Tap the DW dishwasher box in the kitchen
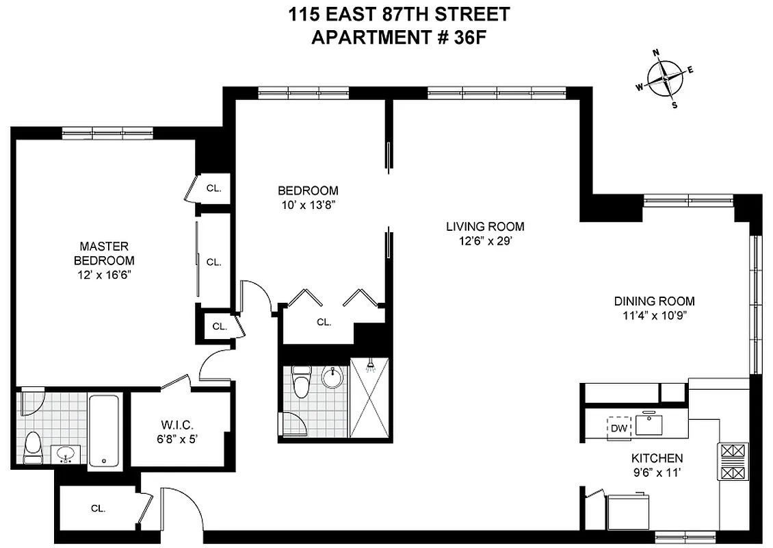pos(619,428)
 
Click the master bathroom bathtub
pos(105,430)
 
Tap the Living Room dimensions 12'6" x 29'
pos(484,240)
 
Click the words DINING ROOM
pos(654,301)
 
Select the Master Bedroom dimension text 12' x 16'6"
pos(104,275)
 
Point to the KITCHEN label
pos(657,458)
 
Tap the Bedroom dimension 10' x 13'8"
pos(307,204)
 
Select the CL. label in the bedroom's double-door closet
pos(324,321)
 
